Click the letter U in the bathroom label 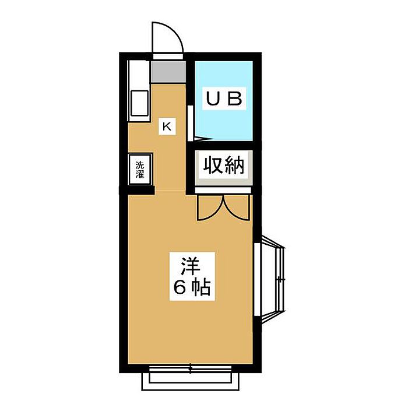click(x=210, y=99)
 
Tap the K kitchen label click(x=167, y=126)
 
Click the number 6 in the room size click(x=180, y=288)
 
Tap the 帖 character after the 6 click(x=201, y=288)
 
